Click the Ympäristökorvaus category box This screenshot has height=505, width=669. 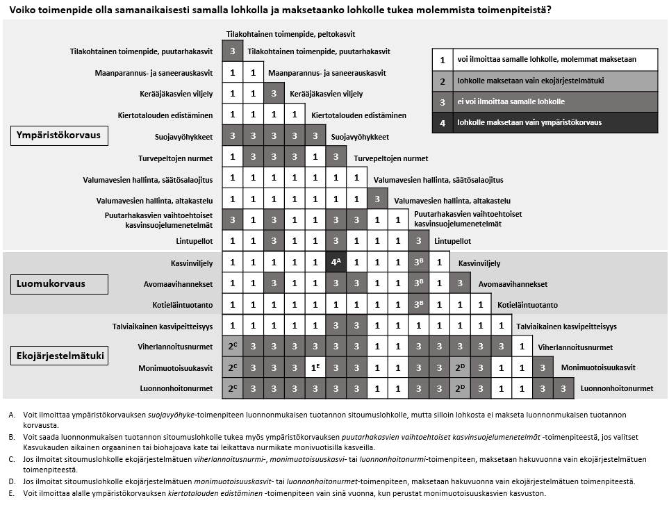(x=59, y=135)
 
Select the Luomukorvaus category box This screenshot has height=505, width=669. (x=59, y=283)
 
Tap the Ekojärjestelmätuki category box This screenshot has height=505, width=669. (x=60, y=356)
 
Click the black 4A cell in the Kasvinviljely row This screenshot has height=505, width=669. (x=336, y=263)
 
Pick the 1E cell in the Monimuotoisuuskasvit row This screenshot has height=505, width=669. (x=315, y=367)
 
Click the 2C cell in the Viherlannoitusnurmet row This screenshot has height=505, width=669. (x=233, y=347)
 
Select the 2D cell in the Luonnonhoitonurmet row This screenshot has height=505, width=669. (x=460, y=388)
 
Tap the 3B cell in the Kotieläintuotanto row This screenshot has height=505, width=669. (x=418, y=305)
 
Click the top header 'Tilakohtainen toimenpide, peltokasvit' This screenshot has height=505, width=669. (x=295, y=33)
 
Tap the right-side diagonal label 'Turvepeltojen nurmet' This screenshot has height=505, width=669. (x=391, y=158)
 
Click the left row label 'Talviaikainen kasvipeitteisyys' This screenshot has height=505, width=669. (x=163, y=326)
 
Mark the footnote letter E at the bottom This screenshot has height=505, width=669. (x=12, y=494)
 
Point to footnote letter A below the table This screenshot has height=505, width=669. (x=12, y=415)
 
